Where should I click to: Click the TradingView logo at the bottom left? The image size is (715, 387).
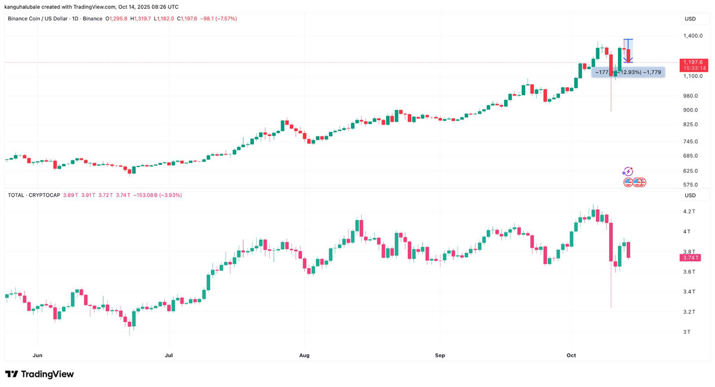39,374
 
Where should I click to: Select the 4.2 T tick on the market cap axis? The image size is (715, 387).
690,212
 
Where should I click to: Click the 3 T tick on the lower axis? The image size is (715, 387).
687,332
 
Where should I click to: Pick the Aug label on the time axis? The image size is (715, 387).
304,355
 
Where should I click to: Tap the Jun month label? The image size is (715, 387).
38,355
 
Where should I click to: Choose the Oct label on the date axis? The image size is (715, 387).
571,355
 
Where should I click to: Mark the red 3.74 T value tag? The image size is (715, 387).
690,258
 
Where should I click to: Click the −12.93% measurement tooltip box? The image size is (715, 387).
628,72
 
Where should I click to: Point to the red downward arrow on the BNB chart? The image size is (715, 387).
628,56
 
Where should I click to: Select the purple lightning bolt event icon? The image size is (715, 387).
628,172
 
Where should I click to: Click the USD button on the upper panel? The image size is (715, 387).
690,19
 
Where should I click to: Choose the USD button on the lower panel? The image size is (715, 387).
690,195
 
